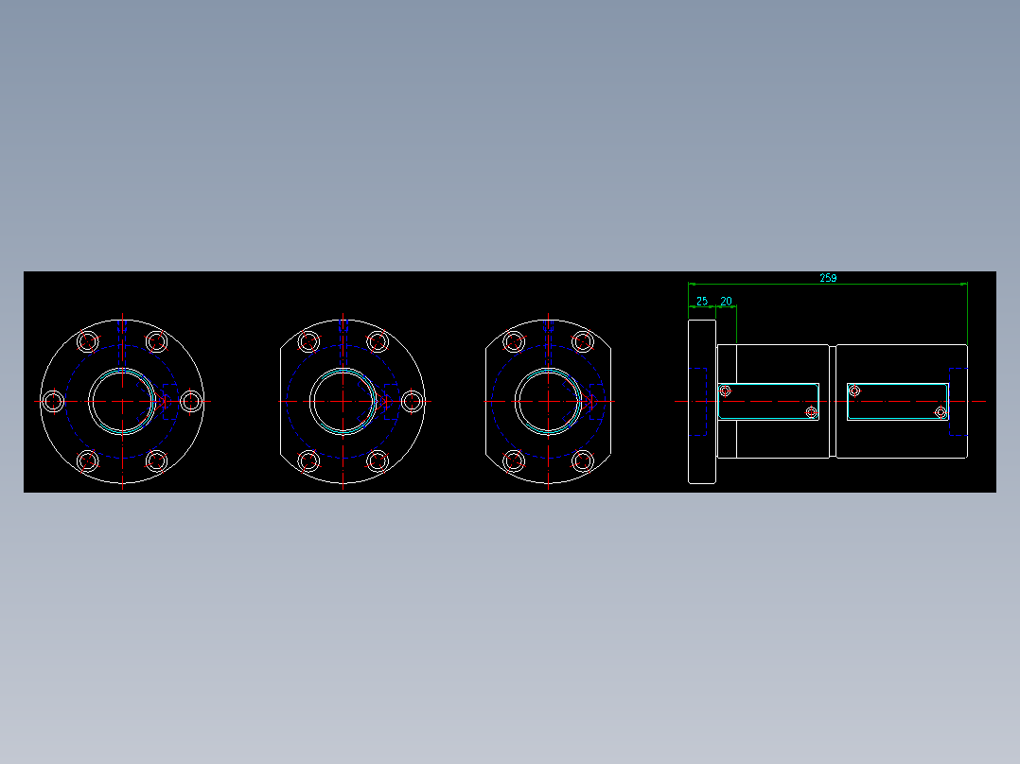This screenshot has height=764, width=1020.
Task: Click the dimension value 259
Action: pyautogui.click(x=828, y=278)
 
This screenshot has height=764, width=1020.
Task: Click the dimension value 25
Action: pyautogui.click(x=701, y=301)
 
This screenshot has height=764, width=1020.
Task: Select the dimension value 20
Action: pyautogui.click(x=727, y=301)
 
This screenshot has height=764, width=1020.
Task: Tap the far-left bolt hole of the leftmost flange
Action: pyautogui.click(x=54, y=401)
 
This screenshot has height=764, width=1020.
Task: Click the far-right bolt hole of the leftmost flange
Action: pyautogui.click(x=191, y=401)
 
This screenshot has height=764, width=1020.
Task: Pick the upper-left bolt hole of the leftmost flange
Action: pyautogui.click(x=88, y=341)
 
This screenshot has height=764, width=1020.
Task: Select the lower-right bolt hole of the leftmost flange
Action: pyautogui.click(x=157, y=461)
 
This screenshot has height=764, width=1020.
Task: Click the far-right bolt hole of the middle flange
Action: pyautogui.click(x=412, y=401)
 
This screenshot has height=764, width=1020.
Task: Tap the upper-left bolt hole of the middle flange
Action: pyautogui.click(x=308, y=341)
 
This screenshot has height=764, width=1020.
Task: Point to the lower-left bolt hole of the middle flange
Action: pyautogui.click(x=308, y=461)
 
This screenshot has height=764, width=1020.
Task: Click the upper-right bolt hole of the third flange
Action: pyautogui.click(x=583, y=341)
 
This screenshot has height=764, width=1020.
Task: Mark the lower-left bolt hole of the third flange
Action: pyautogui.click(x=514, y=461)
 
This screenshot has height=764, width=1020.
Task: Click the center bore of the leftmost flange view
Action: pyautogui.click(x=122, y=401)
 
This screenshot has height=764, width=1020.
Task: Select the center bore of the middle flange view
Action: pyautogui.click(x=343, y=401)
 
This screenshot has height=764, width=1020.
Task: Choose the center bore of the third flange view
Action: pyautogui.click(x=548, y=401)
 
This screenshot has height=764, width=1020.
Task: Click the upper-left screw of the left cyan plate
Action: pyautogui.click(x=726, y=391)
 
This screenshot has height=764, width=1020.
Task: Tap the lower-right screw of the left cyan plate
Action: pyautogui.click(x=811, y=412)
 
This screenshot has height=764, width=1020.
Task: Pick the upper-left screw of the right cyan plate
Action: pyautogui.click(x=854, y=391)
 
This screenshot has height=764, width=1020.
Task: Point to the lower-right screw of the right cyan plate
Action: pyautogui.click(x=941, y=412)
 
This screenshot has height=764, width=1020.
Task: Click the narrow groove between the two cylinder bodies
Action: pyautogui.click(x=834, y=401)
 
